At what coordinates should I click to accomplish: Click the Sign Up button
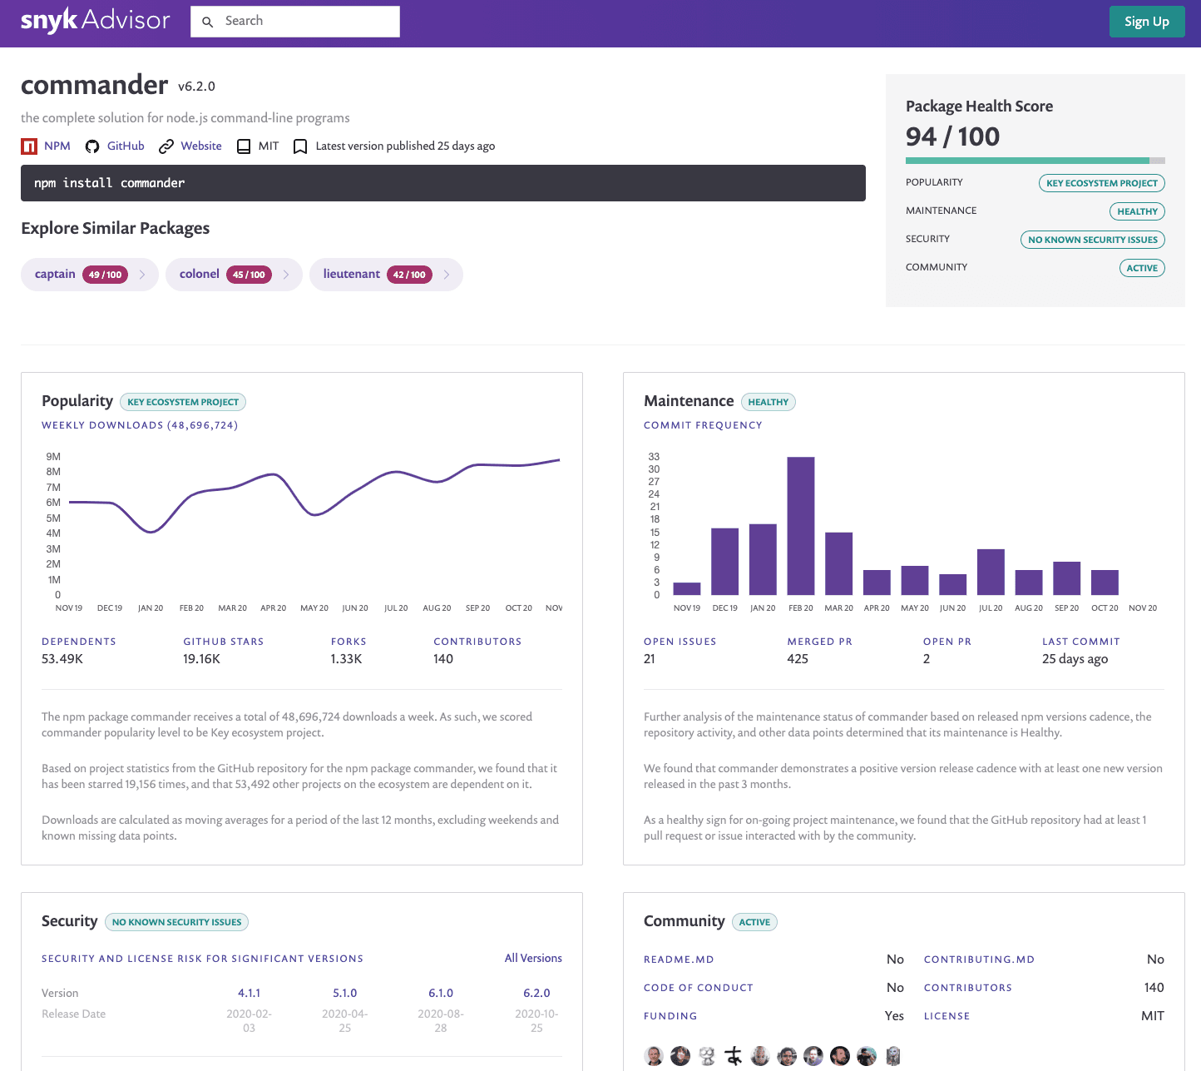point(1146,22)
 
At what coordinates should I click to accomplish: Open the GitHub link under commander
point(125,146)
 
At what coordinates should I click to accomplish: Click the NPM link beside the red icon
point(57,146)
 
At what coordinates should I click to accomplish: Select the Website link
point(200,146)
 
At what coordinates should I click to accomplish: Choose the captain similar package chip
point(56,275)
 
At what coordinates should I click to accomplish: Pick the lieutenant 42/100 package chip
point(352,275)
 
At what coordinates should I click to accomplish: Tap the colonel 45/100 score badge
point(249,275)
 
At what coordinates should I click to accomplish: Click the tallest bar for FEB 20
point(800,526)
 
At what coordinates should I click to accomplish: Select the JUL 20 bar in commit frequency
point(990,572)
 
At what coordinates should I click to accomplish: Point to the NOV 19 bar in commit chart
point(686,588)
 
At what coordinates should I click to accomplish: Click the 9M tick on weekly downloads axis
point(53,456)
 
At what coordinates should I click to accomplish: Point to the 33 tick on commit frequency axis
point(654,456)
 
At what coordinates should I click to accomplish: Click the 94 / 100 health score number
point(952,136)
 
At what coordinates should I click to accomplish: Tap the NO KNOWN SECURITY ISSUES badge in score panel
point(1092,240)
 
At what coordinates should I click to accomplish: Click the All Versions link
point(533,958)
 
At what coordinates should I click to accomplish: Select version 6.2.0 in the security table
point(536,993)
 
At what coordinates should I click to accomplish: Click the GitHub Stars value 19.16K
point(201,659)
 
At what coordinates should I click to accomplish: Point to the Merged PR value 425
point(798,659)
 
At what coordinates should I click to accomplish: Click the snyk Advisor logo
point(95,21)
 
